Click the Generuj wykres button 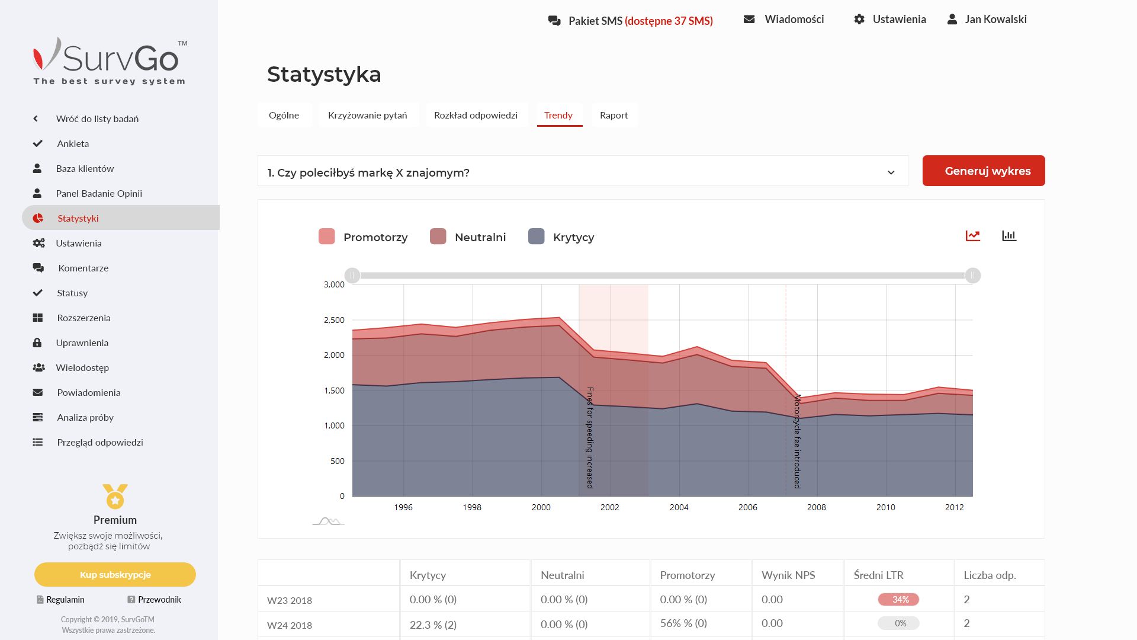pyautogui.click(x=983, y=171)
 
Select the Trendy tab pyautogui.click(x=558, y=115)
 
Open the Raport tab pyautogui.click(x=614, y=115)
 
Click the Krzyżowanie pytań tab pyautogui.click(x=367, y=115)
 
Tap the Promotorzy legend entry pyautogui.click(x=375, y=237)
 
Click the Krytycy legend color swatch pyautogui.click(x=536, y=236)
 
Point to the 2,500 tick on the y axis pyautogui.click(x=334, y=320)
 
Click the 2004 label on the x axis pyautogui.click(x=679, y=507)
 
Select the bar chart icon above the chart pyautogui.click(x=1008, y=236)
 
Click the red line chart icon pyautogui.click(x=972, y=236)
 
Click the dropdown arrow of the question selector pyautogui.click(x=891, y=172)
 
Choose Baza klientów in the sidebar pyautogui.click(x=85, y=168)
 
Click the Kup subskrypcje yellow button pyautogui.click(x=115, y=574)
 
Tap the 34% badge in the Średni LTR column pyautogui.click(x=898, y=600)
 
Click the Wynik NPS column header pyautogui.click(x=788, y=575)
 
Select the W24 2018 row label pyautogui.click(x=289, y=625)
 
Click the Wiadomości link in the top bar pyautogui.click(x=794, y=19)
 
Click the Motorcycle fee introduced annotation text pyautogui.click(x=797, y=441)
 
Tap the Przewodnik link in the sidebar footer pyautogui.click(x=159, y=600)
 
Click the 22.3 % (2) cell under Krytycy pyautogui.click(x=433, y=625)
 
